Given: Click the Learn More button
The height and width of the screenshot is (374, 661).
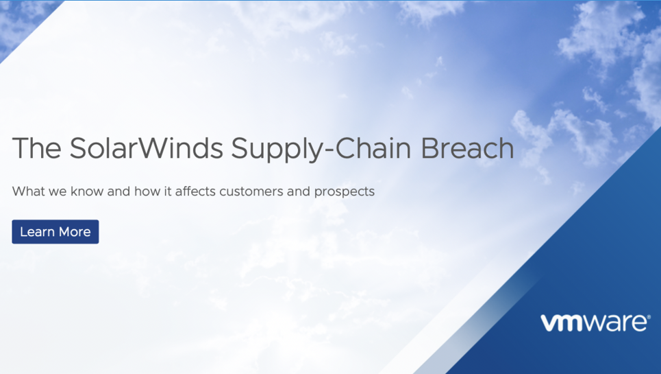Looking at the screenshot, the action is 55,232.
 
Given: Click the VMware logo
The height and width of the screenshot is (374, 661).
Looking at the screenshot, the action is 595,323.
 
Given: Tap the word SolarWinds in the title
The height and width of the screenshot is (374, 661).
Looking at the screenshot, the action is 146,148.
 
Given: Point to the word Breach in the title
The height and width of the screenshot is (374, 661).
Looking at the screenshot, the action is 467,148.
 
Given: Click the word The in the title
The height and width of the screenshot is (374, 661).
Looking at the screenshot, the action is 37,148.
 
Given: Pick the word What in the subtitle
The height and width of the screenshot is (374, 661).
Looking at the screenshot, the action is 28,191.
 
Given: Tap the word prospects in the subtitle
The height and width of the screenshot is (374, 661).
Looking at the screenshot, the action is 345,192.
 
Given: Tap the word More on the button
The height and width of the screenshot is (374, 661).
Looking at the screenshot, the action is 75,232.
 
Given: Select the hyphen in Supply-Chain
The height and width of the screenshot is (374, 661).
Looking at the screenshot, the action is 327,150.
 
